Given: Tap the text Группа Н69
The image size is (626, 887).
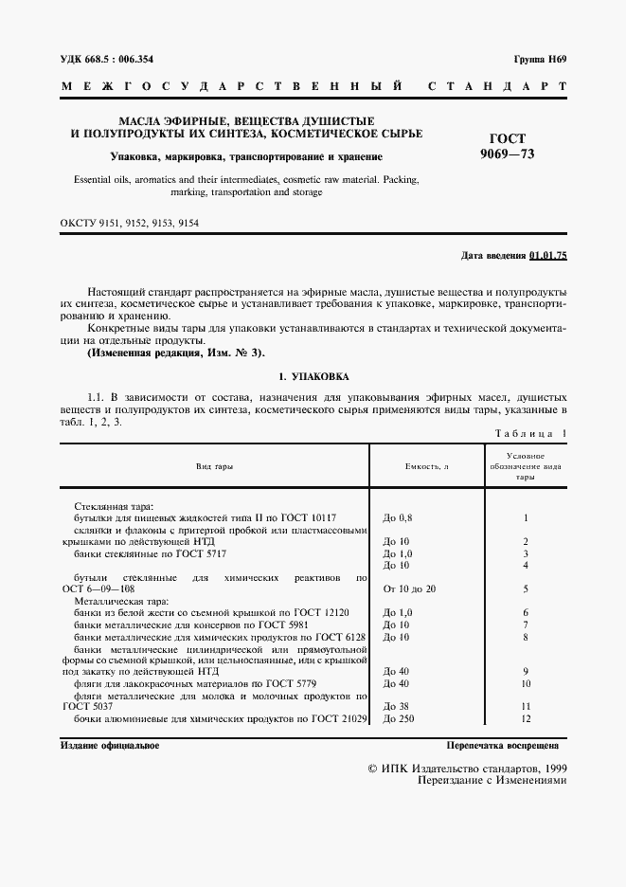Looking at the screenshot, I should click(x=539, y=60).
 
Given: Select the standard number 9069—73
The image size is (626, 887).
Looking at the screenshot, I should click(x=507, y=154).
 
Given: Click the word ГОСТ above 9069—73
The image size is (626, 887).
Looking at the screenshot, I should click(x=507, y=138).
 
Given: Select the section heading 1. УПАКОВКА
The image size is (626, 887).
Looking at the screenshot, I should click(x=313, y=375).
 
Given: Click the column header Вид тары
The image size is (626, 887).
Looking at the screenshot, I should click(x=214, y=467).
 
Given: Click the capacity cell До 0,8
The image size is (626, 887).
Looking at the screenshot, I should click(x=398, y=518).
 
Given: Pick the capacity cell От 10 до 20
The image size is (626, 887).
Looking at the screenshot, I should click(x=409, y=588).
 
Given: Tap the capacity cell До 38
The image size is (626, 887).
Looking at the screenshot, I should click(x=395, y=707).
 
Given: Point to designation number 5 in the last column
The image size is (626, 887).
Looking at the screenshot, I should click(x=525, y=588).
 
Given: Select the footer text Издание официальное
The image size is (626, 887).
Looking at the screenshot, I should click(x=109, y=746).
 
